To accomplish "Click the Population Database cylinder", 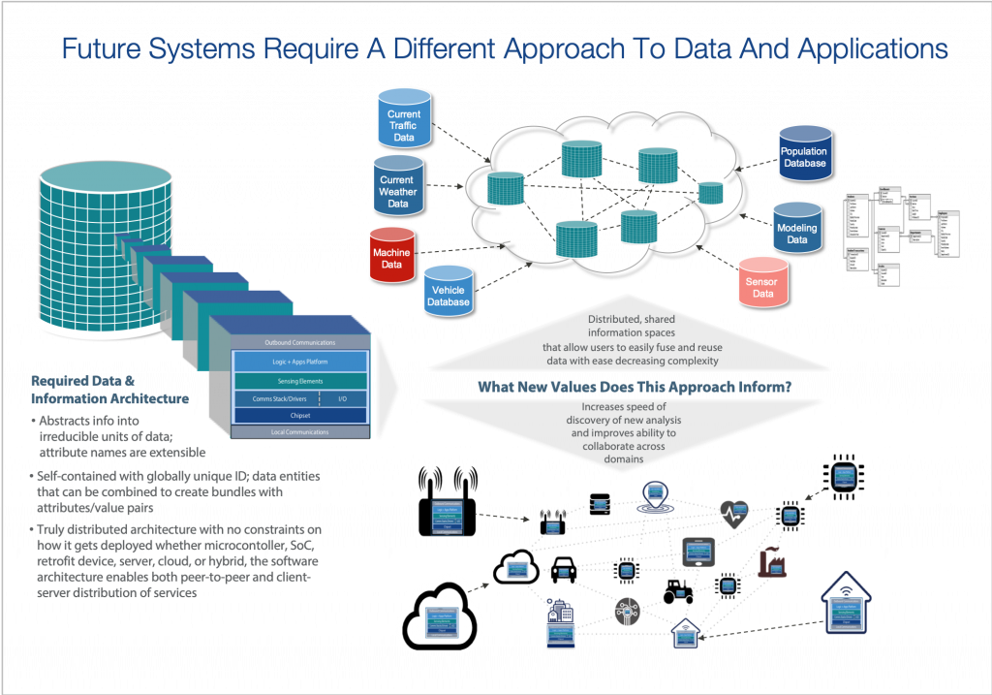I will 804,152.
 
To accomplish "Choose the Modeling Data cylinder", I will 796,230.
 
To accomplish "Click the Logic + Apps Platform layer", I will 301,361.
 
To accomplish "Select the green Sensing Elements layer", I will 301,382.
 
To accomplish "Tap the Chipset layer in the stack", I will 301,415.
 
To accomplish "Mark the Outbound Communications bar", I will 300,342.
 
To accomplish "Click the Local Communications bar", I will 300,431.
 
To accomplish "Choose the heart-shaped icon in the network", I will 733,512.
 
